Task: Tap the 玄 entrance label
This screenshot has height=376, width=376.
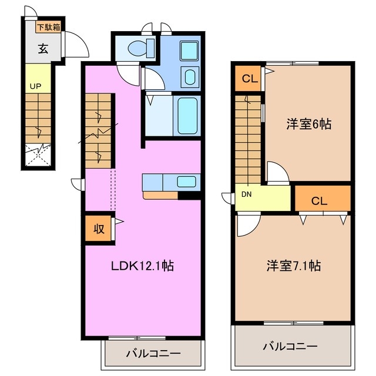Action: [43, 49]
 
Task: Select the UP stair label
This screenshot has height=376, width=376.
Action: [35, 86]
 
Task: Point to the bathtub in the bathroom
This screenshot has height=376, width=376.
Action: [187, 115]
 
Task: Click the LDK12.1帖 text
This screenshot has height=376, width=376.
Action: [142, 266]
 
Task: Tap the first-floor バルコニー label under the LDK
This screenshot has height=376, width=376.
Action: [153, 354]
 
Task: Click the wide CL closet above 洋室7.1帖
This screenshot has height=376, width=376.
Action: [322, 200]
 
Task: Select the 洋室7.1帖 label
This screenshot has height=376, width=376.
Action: [292, 266]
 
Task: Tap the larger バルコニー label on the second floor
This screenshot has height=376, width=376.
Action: [290, 347]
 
